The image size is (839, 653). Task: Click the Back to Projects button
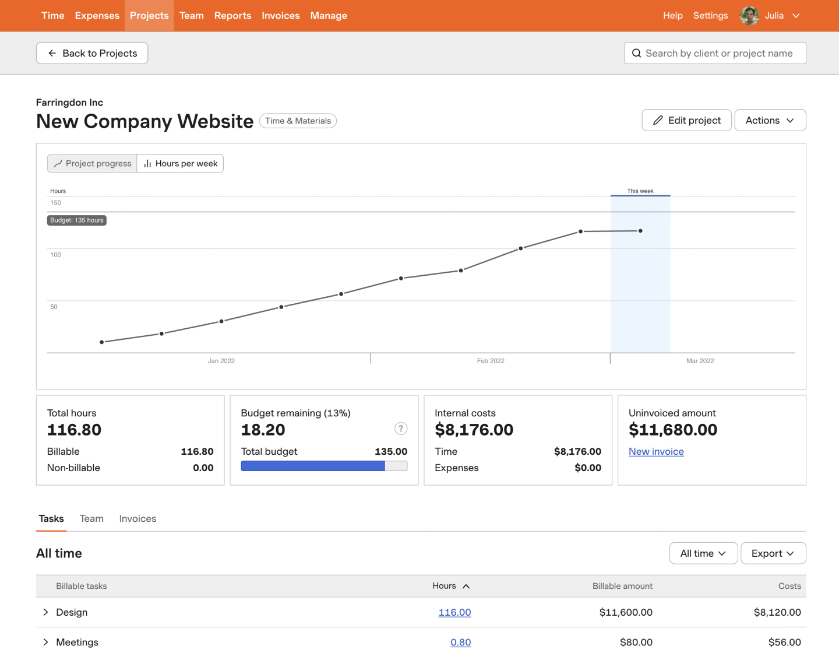pyautogui.click(x=92, y=53)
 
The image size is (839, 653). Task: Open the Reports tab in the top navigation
pyautogui.click(x=232, y=16)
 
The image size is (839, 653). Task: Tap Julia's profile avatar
pyautogui.click(x=749, y=16)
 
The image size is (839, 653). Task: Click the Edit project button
pyautogui.click(x=686, y=120)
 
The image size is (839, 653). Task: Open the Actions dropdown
pyautogui.click(x=770, y=120)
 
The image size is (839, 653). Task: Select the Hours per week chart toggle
pyautogui.click(x=181, y=164)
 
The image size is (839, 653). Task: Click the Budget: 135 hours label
pyautogui.click(x=77, y=220)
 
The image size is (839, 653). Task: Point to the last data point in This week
pyautogui.click(x=640, y=231)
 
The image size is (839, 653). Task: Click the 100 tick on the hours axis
pyautogui.click(x=56, y=255)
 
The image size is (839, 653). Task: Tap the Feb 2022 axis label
pyautogui.click(x=491, y=361)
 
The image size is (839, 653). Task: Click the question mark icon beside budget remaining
pyautogui.click(x=401, y=429)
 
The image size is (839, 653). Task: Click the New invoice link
pyautogui.click(x=656, y=452)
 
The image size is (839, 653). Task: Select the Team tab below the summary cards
pyautogui.click(x=91, y=519)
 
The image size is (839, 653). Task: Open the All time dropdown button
pyautogui.click(x=703, y=553)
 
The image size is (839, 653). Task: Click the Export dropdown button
pyautogui.click(x=773, y=553)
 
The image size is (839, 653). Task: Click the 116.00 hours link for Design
pyautogui.click(x=454, y=612)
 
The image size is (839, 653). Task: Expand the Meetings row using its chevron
pyautogui.click(x=45, y=642)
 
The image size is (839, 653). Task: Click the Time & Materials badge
pyautogui.click(x=298, y=121)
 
